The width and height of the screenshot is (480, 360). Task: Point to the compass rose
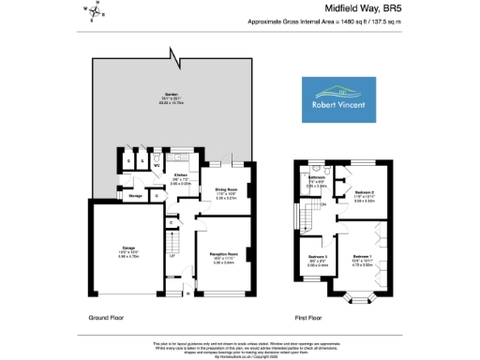tap(97, 11)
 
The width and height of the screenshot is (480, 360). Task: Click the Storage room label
tap(135, 196)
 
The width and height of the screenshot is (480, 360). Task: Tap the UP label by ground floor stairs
tap(172, 256)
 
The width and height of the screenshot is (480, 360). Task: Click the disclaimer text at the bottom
tap(240, 349)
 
